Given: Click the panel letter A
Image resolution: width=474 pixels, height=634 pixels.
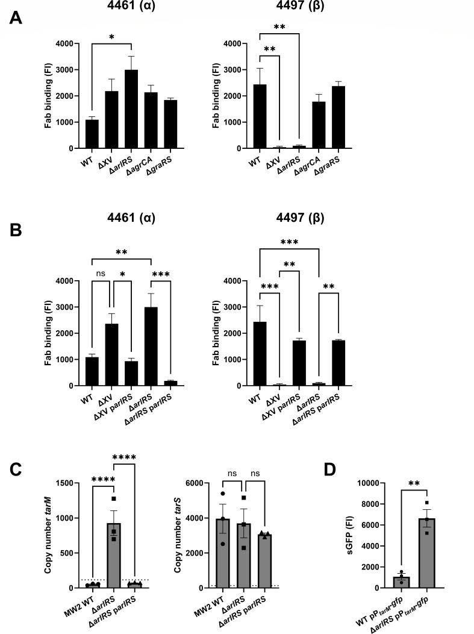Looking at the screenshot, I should (x=16, y=18).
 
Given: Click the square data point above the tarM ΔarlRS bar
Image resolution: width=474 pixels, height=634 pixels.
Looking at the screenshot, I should (x=113, y=499).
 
